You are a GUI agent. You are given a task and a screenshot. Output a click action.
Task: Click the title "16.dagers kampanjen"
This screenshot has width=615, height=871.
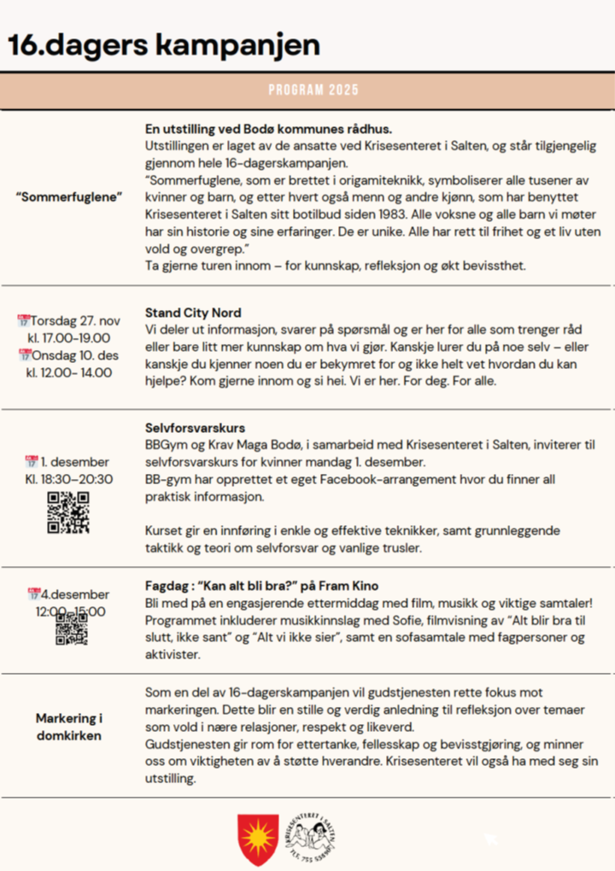[x=164, y=45]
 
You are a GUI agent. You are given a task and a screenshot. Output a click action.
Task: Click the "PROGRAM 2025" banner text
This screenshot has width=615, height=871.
[x=313, y=90]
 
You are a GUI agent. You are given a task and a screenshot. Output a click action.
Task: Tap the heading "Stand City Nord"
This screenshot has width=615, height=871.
[x=193, y=313]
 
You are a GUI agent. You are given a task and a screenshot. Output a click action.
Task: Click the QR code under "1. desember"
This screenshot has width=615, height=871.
[x=68, y=513]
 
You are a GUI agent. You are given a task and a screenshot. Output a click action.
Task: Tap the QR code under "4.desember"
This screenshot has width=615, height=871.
[x=72, y=628]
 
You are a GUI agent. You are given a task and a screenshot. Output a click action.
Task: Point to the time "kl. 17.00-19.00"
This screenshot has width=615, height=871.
[x=68, y=338]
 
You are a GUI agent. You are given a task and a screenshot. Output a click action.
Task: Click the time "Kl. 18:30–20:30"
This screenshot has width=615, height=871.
[x=68, y=479]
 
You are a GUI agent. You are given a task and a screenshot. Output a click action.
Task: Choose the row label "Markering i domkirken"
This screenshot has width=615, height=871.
[x=69, y=727]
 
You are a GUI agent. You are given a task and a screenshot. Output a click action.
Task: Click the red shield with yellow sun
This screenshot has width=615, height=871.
[x=257, y=839]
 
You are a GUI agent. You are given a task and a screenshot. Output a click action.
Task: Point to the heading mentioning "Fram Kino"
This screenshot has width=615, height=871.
[x=261, y=587]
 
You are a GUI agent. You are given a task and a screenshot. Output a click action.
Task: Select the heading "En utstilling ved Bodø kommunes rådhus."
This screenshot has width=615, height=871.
[x=268, y=129]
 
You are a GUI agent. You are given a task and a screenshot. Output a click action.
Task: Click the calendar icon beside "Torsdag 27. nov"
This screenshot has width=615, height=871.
[x=24, y=321]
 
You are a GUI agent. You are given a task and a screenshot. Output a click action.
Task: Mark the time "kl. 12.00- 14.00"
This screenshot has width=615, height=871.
[x=68, y=372]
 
